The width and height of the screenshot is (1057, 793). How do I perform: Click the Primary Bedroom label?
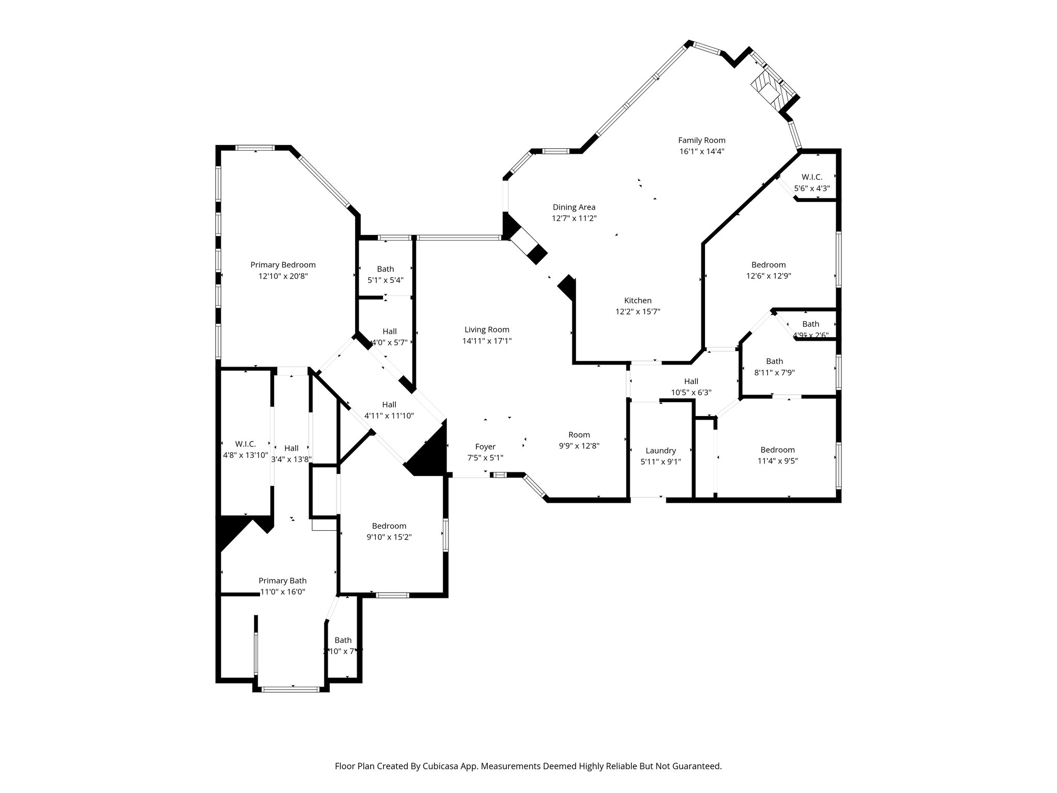coord(283,265)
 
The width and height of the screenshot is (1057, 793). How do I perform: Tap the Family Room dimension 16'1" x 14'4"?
coord(701,152)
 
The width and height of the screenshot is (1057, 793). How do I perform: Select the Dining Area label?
coord(574,207)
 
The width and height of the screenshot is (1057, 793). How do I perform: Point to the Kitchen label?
coord(637,300)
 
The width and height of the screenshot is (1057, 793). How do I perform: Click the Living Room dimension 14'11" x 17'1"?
coord(487,341)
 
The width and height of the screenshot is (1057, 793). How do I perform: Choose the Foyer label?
coord(485,447)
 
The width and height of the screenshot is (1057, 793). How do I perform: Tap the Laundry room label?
coord(661,450)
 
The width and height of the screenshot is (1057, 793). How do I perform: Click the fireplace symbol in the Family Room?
coord(767,92)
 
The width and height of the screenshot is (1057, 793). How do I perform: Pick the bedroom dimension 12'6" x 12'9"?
coord(768,276)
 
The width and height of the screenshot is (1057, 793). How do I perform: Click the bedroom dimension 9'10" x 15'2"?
coord(389,537)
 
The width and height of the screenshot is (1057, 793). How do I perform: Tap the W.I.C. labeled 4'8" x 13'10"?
coord(245,444)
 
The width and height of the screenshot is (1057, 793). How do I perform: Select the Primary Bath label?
coord(282,580)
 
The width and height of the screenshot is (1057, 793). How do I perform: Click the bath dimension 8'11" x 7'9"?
coord(774,373)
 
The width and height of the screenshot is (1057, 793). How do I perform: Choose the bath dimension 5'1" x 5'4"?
coord(385,280)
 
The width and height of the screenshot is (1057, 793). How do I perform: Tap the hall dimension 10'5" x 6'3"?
coord(691,392)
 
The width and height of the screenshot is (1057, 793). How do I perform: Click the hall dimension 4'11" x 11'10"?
coord(389,416)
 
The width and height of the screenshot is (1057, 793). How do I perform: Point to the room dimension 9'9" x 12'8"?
coord(579,446)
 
